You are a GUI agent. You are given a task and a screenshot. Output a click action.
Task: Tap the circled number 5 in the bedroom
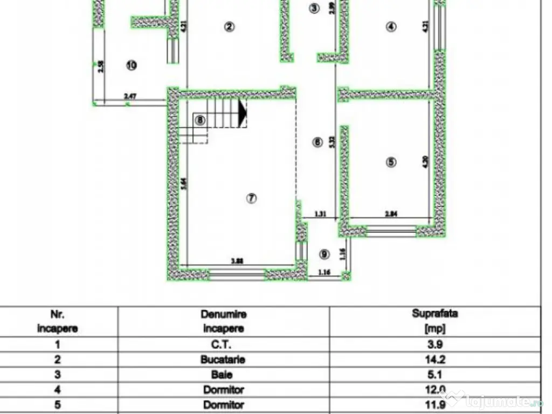click(x=391, y=162)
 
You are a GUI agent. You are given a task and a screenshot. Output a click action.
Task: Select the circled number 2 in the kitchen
click(x=230, y=27)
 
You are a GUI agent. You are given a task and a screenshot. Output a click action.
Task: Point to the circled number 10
click(x=131, y=65)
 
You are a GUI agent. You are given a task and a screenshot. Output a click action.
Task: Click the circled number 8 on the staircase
click(x=201, y=120)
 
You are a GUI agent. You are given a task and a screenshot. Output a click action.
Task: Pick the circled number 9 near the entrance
click(x=324, y=254)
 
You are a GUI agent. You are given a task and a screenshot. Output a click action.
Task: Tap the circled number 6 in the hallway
click(x=318, y=142)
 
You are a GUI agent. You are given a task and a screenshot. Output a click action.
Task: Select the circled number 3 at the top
click(x=315, y=8)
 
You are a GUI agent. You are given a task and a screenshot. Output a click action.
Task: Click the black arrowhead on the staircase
click(x=242, y=113)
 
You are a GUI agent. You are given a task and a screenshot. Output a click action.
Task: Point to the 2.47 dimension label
click(x=130, y=96)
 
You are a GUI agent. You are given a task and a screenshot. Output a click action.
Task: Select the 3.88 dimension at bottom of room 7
click(x=236, y=261)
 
